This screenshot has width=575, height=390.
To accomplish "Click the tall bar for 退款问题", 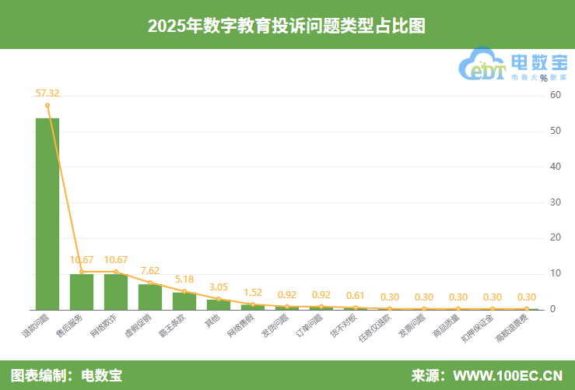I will [47, 214].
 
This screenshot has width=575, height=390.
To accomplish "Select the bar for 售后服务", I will [82, 292].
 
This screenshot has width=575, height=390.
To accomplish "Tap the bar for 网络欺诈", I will [116, 292].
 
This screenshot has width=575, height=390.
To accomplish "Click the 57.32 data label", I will [47, 93].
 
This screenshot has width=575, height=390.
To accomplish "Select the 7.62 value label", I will [150, 271].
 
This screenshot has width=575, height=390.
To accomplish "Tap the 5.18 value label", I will [184, 279].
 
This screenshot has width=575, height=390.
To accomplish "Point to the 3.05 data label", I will [219, 287].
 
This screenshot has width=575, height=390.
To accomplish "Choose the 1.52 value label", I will [253, 293].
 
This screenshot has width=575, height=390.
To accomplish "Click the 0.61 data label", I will [356, 296].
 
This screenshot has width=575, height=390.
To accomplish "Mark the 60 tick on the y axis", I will [555, 95].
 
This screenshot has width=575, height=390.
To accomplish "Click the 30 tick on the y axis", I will [555, 202].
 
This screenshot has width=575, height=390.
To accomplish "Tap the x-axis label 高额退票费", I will [511, 329].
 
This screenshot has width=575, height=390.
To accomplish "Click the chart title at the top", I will [287, 25].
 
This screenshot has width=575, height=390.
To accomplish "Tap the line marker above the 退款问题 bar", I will [47, 105].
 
